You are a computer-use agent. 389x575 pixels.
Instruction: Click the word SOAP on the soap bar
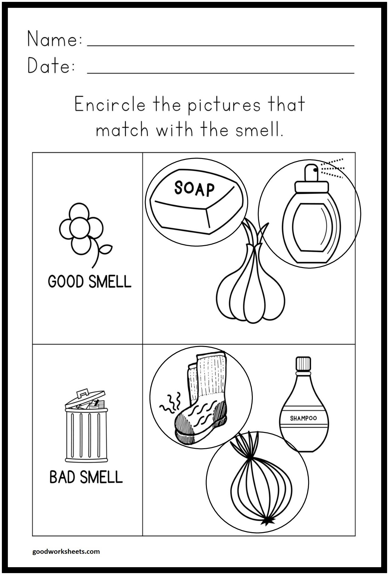click(x=194, y=189)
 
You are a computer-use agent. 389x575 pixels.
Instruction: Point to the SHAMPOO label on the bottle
click(x=303, y=418)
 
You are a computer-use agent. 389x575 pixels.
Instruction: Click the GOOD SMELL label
click(x=90, y=281)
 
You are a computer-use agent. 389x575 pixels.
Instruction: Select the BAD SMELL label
click(x=86, y=477)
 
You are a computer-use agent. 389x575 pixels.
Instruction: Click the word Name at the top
click(x=55, y=39)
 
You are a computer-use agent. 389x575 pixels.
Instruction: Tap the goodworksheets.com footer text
click(x=66, y=552)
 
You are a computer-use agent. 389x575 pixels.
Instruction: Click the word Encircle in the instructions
click(x=110, y=105)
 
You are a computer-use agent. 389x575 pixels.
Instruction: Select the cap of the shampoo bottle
click(x=303, y=364)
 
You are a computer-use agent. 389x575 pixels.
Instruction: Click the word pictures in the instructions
click(x=224, y=105)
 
